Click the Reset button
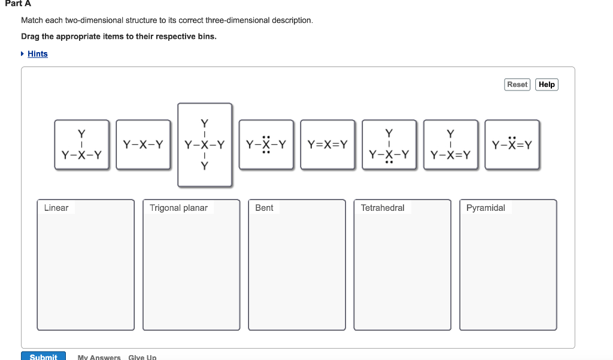[x=517, y=84]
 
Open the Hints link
[x=38, y=54]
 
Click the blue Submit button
[x=43, y=356]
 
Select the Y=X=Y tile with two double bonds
[x=327, y=145]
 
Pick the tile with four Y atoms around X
[x=205, y=145]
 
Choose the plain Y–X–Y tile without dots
[x=143, y=145]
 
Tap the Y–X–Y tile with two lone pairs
[x=266, y=145]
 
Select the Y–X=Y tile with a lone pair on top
[x=512, y=145]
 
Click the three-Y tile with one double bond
[x=451, y=145]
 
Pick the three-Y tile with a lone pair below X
[x=389, y=145]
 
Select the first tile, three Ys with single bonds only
[x=82, y=145]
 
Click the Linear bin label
[x=56, y=208]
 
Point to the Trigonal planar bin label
[x=178, y=208]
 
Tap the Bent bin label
[x=264, y=208]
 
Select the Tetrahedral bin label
[x=383, y=208]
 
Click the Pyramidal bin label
[x=485, y=208]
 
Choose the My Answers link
[x=99, y=357]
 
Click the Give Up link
[x=142, y=357]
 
